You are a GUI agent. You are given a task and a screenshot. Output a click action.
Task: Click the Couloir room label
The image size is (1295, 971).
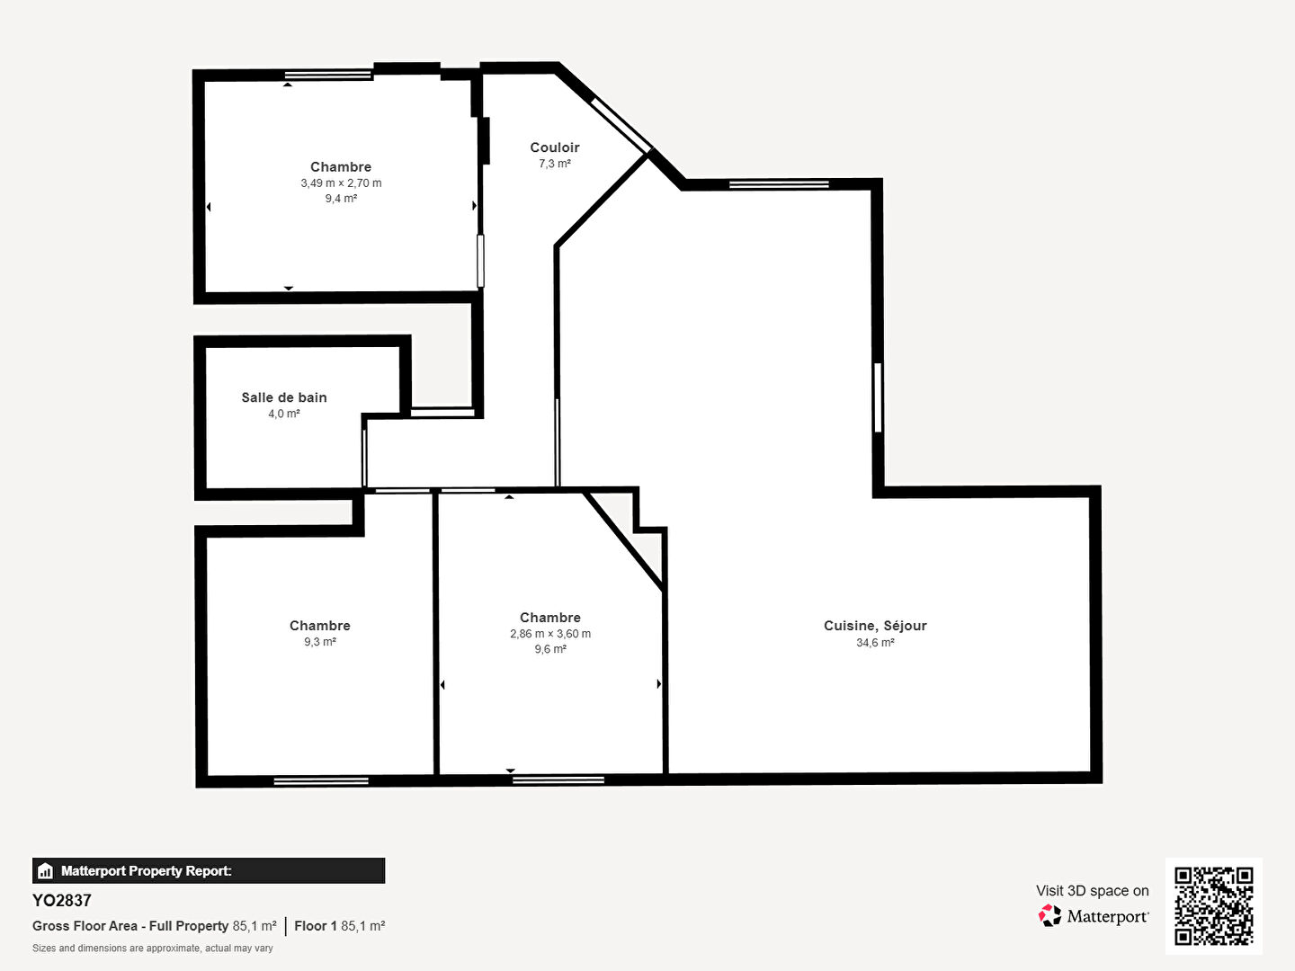coord(555,147)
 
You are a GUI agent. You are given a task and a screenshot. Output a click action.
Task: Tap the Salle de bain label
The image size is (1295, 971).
coord(284,397)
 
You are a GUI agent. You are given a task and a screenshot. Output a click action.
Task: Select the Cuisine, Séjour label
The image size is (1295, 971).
coord(875,626)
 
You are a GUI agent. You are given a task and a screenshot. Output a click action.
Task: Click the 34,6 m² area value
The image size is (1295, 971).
coord(875,643)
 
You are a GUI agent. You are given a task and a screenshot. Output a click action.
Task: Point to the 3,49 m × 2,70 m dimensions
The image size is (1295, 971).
coord(341,183)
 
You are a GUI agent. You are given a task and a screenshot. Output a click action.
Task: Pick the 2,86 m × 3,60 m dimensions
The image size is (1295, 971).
coord(549,634)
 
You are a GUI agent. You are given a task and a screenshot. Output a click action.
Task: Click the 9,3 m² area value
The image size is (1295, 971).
coord(320,641)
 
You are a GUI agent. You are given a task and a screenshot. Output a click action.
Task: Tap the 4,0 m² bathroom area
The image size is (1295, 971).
coord(284,414)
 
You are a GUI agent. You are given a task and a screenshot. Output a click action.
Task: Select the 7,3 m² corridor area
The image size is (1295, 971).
coord(555,164)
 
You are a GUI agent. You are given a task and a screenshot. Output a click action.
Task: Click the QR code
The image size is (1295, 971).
coord(1213,905)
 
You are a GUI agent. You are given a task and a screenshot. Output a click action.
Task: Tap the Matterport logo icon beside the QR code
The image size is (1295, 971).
coord(1049,915)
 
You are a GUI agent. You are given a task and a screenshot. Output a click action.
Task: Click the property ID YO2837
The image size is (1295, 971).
coord(62,901)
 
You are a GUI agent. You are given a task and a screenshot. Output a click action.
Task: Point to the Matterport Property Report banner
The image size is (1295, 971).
coord(209,871)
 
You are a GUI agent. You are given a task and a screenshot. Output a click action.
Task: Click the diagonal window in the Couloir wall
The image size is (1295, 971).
coord(621,125)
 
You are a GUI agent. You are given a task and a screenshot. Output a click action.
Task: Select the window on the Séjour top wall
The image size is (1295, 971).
coord(779,184)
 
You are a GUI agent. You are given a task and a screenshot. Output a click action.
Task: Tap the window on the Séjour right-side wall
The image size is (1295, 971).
coord(878,397)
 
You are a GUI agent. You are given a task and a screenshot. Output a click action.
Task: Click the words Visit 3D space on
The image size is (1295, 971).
coord(1092,891)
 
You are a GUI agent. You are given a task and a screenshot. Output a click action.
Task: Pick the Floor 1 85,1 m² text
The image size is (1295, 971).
coord(340,926)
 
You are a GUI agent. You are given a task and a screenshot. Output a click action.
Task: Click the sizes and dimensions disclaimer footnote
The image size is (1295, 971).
coord(153,948)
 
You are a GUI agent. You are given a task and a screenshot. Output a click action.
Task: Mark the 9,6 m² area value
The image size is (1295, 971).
coord(550,649)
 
